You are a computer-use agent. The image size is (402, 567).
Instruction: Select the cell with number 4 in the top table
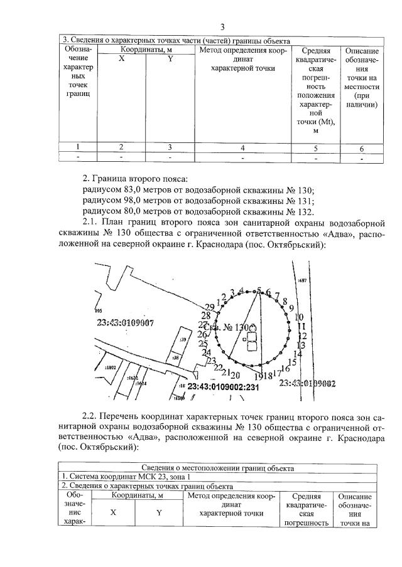(x=242, y=148)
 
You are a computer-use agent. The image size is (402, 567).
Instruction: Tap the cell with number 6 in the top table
(x=361, y=149)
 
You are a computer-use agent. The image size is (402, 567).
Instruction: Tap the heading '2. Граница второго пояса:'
(x=135, y=179)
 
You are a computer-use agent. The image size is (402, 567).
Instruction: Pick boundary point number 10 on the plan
(x=299, y=317)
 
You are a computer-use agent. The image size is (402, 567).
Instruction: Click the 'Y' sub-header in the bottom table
(x=160, y=512)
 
